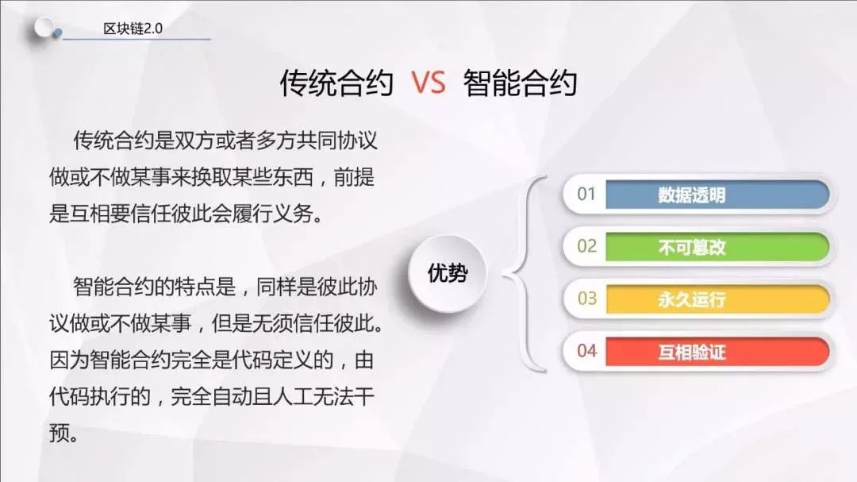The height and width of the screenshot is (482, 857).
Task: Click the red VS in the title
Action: point(428,83)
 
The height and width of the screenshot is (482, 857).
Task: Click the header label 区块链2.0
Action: point(133,29)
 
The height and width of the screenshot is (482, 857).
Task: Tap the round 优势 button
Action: point(447,273)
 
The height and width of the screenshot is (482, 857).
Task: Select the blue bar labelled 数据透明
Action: point(717,195)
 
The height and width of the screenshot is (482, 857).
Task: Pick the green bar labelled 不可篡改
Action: point(717,247)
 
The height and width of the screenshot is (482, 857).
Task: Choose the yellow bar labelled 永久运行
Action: point(717,299)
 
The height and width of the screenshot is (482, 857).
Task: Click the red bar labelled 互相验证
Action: point(717,351)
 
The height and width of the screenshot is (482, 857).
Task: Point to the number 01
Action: point(586,194)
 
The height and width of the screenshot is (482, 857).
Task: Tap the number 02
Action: point(586,246)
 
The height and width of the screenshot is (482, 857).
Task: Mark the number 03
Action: point(587,298)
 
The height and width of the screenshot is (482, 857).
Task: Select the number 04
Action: point(587,351)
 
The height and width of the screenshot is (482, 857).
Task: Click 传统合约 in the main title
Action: point(336,83)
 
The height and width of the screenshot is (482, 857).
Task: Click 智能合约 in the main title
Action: point(521,83)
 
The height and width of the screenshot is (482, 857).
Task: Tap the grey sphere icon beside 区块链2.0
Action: point(43,27)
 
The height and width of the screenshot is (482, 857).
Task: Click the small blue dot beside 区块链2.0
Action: point(57,34)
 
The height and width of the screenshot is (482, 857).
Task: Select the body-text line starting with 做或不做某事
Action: point(212,177)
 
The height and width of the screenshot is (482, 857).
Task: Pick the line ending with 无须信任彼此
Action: point(217,323)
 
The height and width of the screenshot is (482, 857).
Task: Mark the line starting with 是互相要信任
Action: point(186,214)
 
